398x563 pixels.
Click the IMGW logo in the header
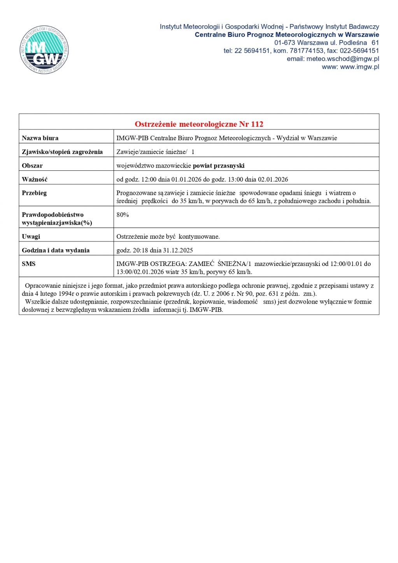[x=44, y=50]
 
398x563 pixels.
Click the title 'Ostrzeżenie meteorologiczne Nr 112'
[x=199, y=124]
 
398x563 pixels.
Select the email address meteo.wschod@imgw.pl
[x=342, y=59]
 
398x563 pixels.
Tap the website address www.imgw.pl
[x=359, y=67]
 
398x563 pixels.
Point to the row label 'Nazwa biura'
[x=40, y=138]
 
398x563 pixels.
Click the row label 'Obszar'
[x=32, y=166]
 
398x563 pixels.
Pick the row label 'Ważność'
[x=35, y=179]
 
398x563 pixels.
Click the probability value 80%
[x=123, y=215]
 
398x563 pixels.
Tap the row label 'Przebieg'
[x=34, y=193]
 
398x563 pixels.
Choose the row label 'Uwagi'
[x=31, y=236]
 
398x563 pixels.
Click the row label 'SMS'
[x=29, y=264]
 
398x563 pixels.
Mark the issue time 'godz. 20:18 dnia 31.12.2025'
[x=154, y=250]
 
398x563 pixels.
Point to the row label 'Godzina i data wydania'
[x=56, y=250]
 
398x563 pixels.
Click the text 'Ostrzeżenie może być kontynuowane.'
[x=168, y=236]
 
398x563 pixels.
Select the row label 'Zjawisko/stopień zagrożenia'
[x=62, y=152]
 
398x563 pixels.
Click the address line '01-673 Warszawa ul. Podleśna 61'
[x=326, y=43]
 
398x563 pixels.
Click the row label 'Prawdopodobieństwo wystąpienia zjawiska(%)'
[x=57, y=219]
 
